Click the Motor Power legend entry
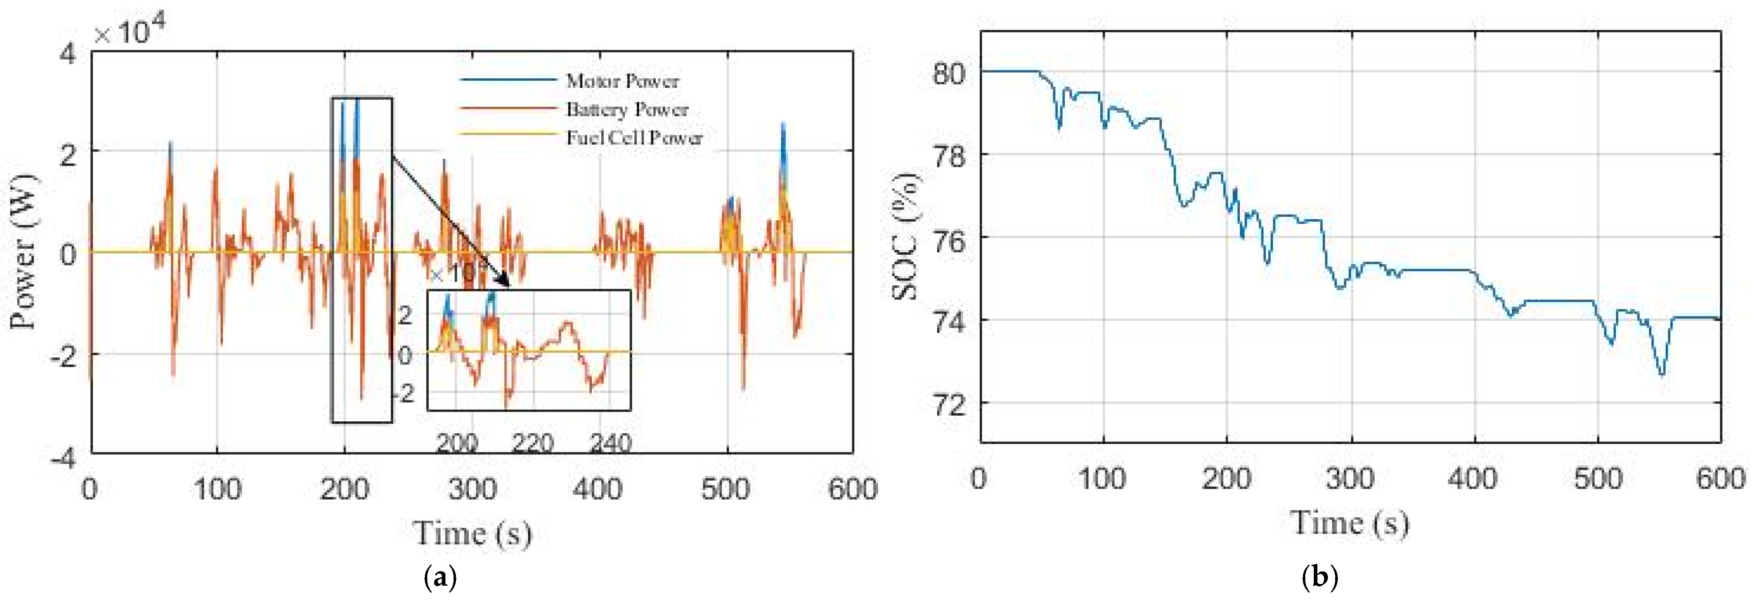(622, 81)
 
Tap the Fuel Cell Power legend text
(634, 138)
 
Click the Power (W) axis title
(25, 252)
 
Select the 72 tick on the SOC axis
(949, 404)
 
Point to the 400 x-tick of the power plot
(597, 489)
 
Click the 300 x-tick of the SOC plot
(1350, 479)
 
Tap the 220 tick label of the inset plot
(533, 444)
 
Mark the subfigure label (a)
(440, 578)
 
